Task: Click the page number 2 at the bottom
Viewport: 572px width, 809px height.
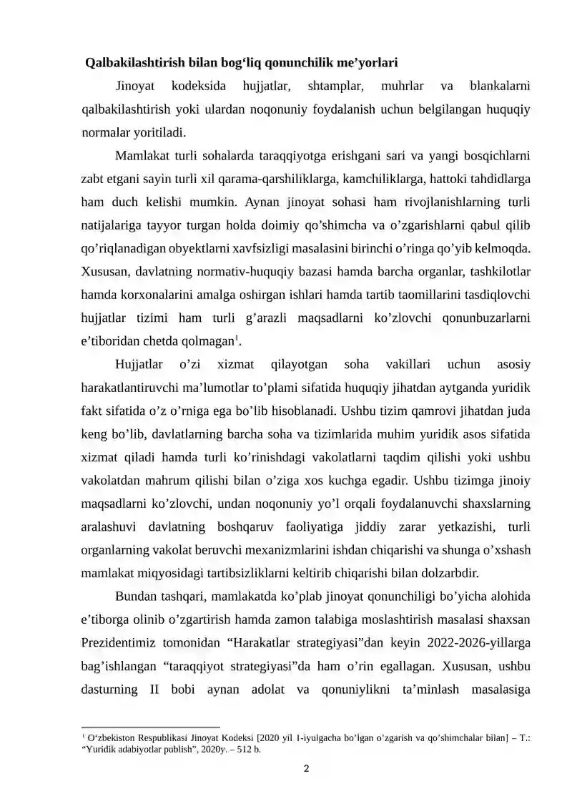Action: point(306,770)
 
